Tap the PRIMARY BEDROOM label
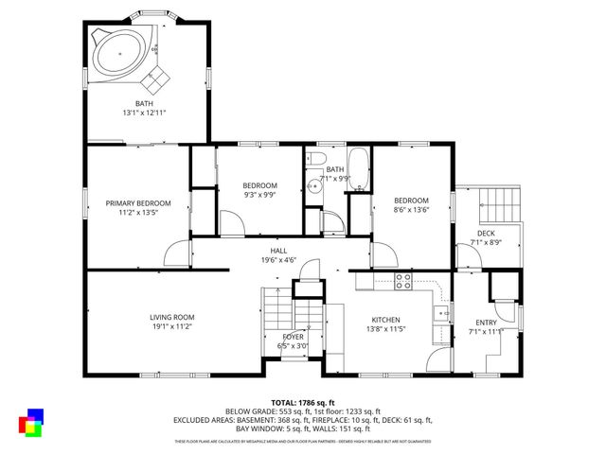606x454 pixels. [138, 203]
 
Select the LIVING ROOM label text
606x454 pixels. [171, 317]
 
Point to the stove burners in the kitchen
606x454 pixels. [402, 281]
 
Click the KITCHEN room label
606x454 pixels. [385, 320]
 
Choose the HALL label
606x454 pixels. [278, 251]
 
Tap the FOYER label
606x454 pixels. [294, 337]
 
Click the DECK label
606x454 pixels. [486, 234]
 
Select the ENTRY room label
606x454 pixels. [486, 323]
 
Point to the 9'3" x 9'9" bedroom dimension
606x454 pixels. [258, 195]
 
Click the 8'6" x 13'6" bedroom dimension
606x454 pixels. [412, 210]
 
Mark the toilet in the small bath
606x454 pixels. [319, 158]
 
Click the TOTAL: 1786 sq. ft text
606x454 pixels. [303, 402]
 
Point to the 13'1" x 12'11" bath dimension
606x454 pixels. [144, 113]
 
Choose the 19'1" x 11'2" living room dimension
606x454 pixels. [171, 326]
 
